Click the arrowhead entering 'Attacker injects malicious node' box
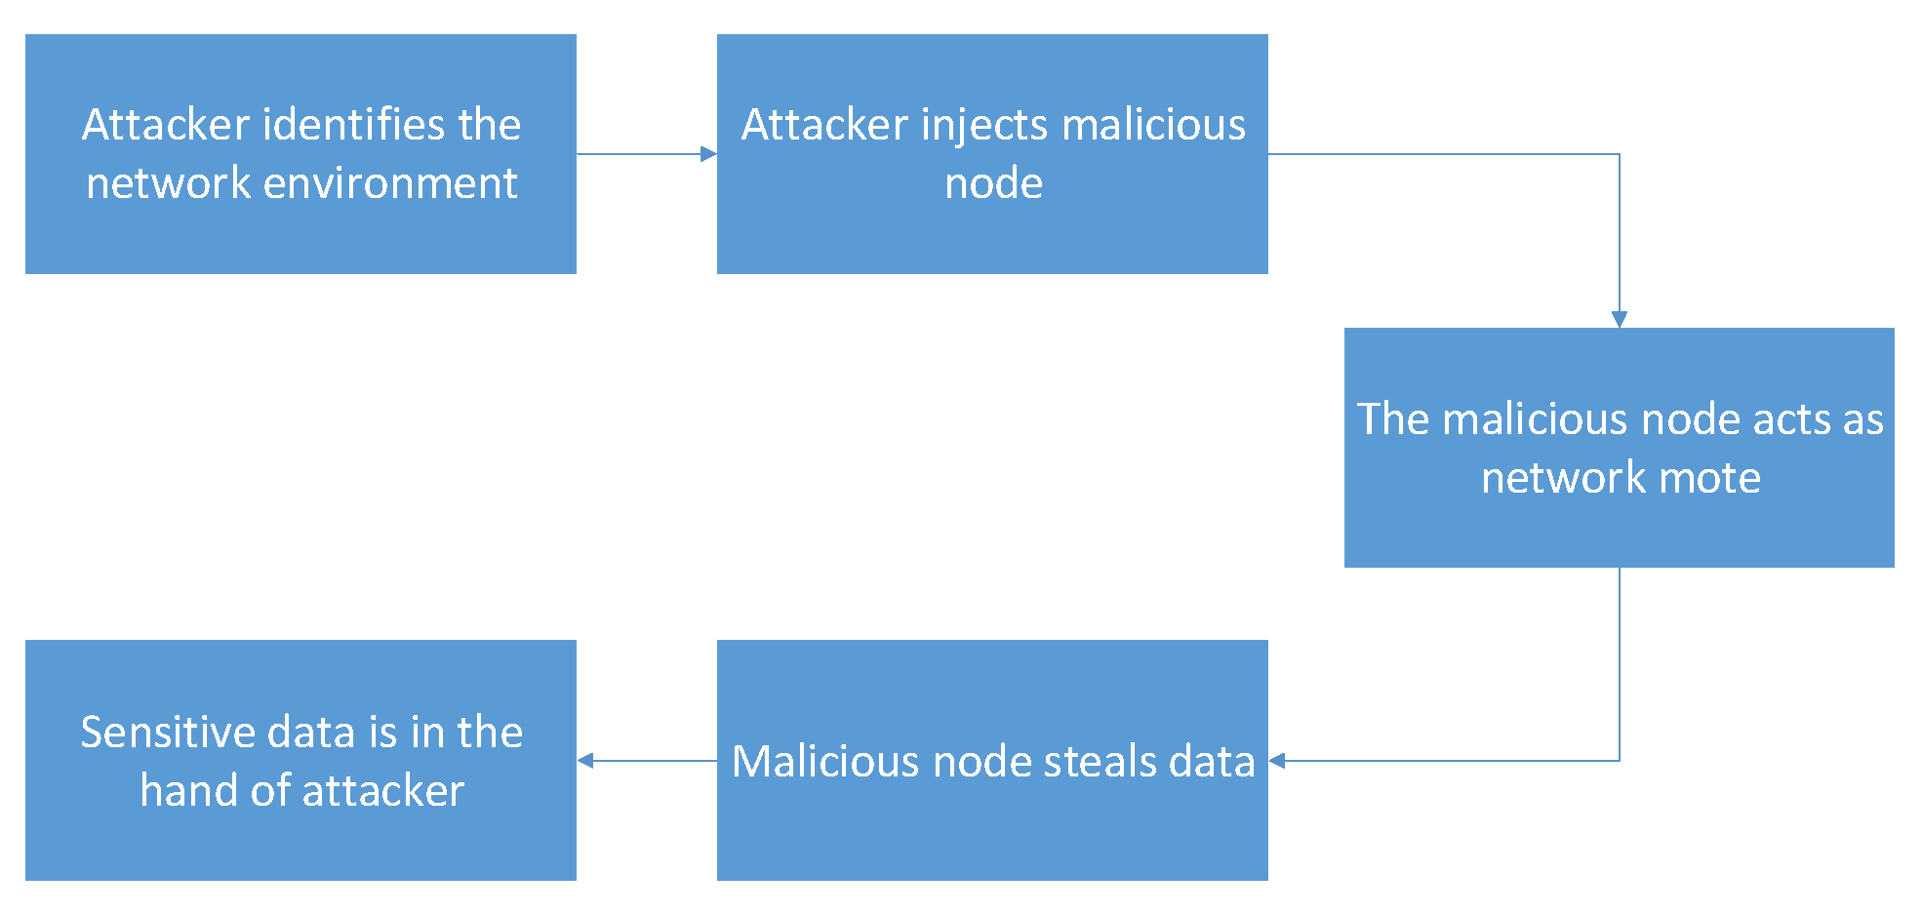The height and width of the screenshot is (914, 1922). coord(709,154)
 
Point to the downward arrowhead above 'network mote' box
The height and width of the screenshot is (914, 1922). coord(1620,319)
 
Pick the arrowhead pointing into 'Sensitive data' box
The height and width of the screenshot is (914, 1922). coord(585,761)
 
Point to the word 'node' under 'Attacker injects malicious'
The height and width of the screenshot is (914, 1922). coord(993,183)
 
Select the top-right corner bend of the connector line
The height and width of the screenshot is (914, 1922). coord(1620,154)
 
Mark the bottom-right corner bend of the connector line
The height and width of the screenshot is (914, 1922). coord(1620,761)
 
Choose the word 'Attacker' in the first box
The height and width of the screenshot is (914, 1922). coord(166,125)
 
